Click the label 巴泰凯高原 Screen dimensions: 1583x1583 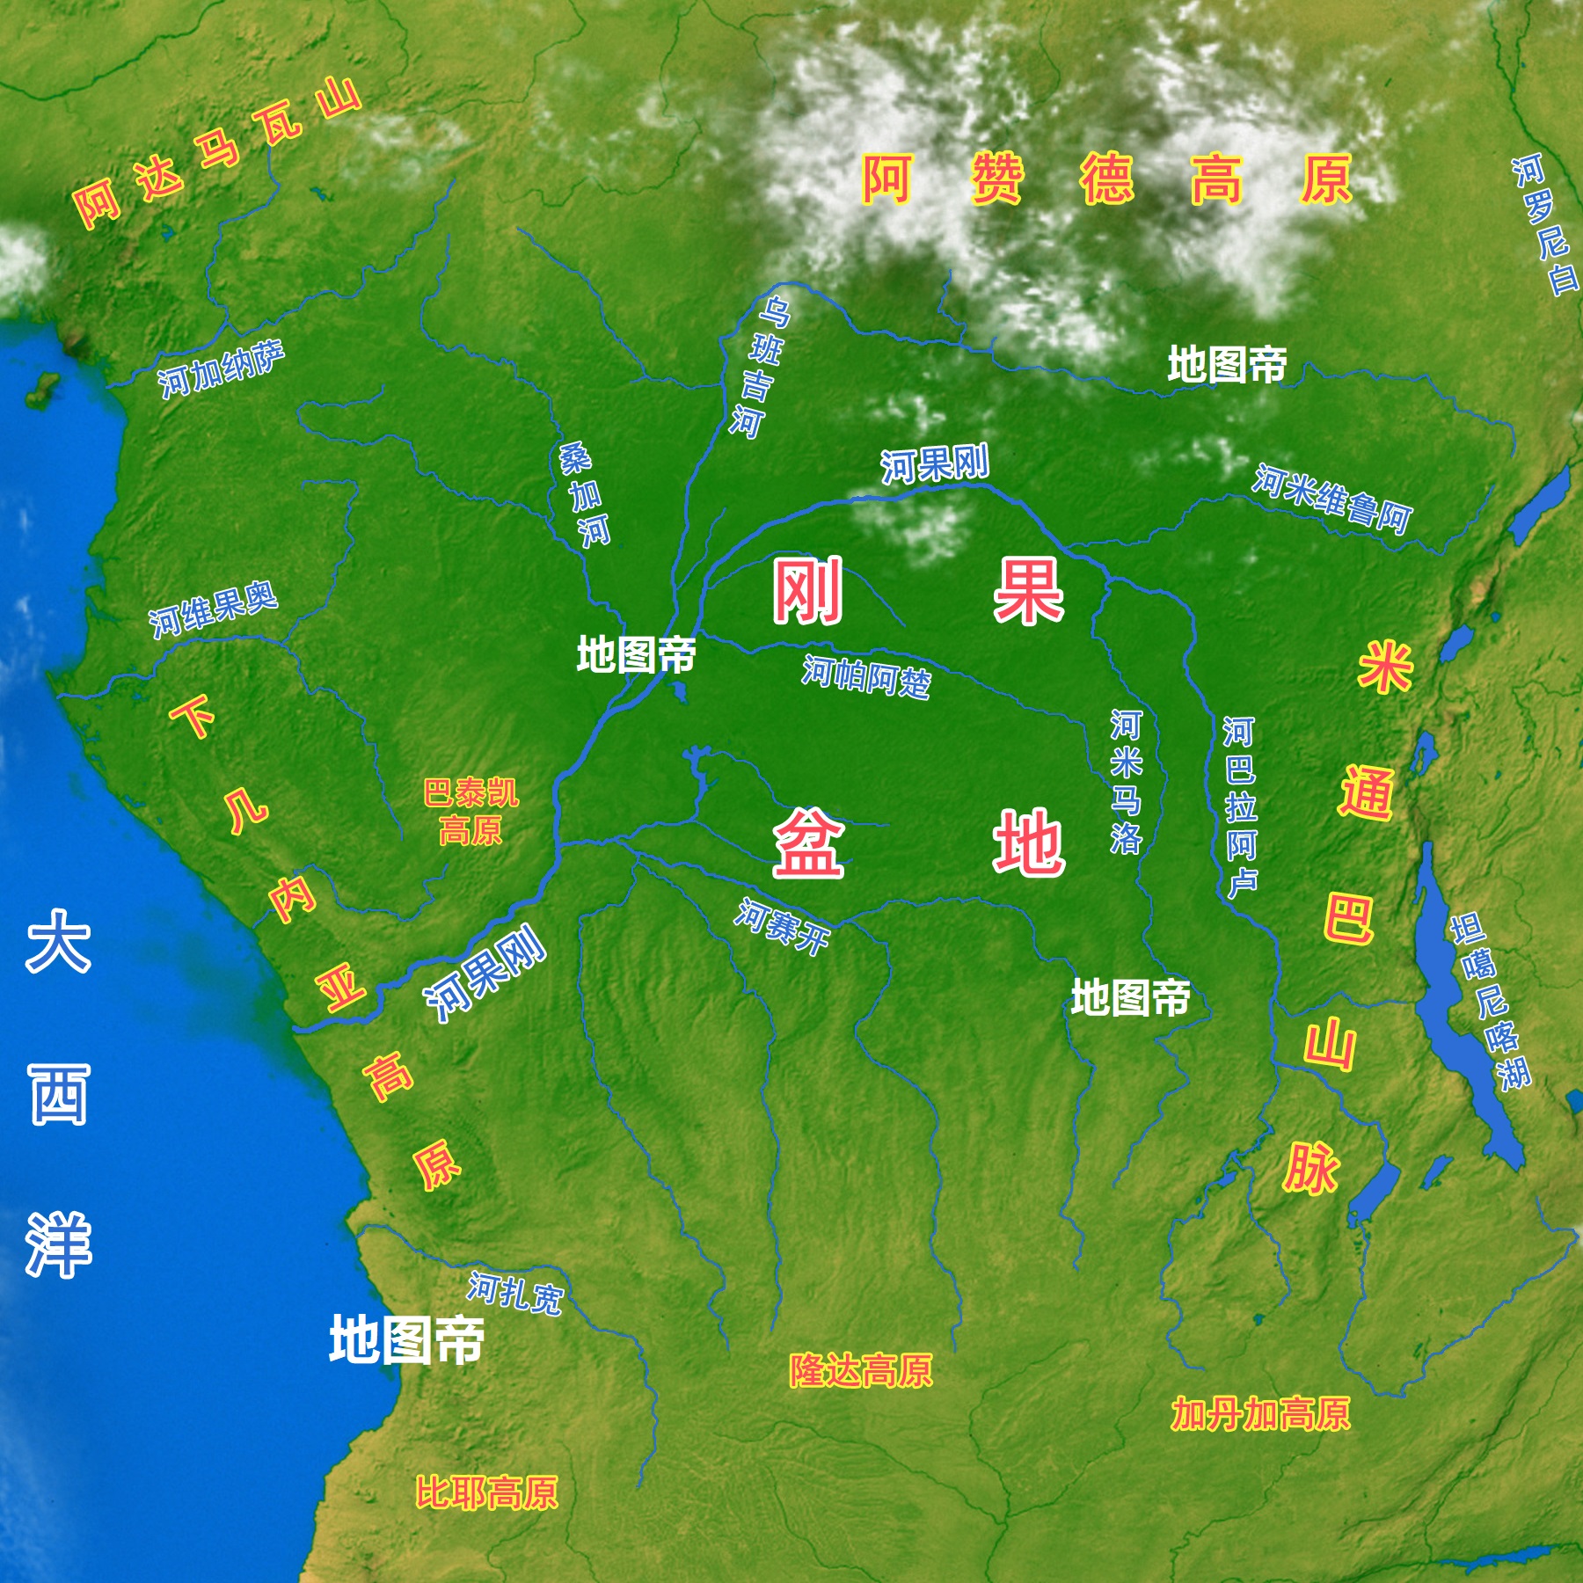pyautogui.click(x=471, y=811)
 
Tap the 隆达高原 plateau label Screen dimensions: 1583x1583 pyautogui.click(x=860, y=1370)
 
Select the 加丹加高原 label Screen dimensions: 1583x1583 pyautogui.click(x=1259, y=1414)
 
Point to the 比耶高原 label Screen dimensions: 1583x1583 pyautogui.click(x=486, y=1492)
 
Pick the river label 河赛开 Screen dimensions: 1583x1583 pyautogui.click(x=782, y=927)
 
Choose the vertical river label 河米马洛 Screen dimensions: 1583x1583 pyautogui.click(x=1126, y=782)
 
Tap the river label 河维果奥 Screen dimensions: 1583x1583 pyautogui.click(x=213, y=609)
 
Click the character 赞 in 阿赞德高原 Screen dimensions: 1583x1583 pyautogui.click(x=997, y=179)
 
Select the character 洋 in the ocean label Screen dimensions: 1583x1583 pyautogui.click(x=58, y=1244)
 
